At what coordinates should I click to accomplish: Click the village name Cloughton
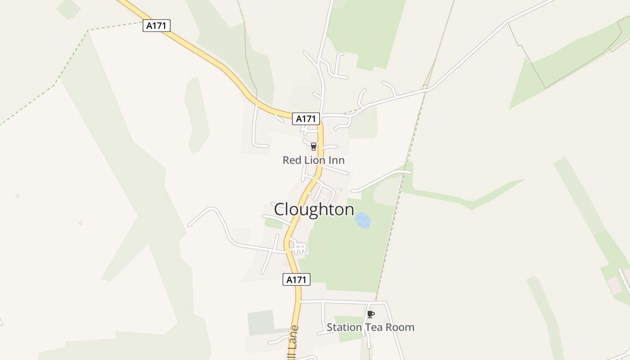(x=314, y=210)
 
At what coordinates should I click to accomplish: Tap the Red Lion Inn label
(x=314, y=160)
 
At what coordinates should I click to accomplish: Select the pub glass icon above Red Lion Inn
(x=314, y=147)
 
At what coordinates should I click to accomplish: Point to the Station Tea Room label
(x=370, y=327)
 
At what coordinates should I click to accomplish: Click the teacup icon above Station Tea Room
(x=370, y=314)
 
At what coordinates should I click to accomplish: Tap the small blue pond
(x=363, y=220)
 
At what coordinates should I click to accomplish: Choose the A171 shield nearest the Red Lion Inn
(x=306, y=119)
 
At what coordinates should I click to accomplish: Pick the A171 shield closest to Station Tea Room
(x=297, y=279)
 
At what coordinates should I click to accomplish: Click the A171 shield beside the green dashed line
(x=157, y=26)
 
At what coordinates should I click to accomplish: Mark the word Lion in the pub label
(x=318, y=160)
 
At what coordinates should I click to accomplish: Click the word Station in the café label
(x=344, y=327)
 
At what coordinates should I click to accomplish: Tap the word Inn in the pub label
(x=337, y=160)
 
